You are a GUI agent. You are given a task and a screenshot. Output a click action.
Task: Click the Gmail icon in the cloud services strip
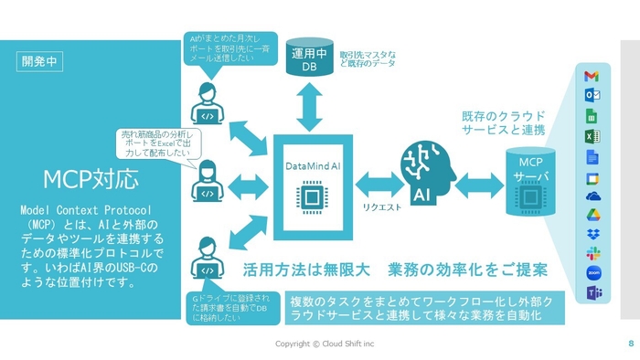click(592, 76)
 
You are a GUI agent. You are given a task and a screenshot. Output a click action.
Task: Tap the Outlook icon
click(592, 95)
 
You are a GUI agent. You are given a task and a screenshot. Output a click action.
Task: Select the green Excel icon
click(592, 136)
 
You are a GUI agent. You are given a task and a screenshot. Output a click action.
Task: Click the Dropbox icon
click(592, 235)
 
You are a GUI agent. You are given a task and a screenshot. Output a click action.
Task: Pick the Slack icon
click(592, 252)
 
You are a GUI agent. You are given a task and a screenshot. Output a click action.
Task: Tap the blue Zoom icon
click(592, 272)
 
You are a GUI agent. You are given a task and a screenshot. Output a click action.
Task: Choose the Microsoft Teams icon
click(592, 293)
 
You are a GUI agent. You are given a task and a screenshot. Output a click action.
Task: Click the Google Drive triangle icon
click(592, 215)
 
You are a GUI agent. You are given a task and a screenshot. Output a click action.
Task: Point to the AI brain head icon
click(425, 175)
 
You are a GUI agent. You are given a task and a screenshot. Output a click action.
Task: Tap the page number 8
click(630, 344)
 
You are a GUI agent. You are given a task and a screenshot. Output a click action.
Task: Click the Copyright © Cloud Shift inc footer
click(331, 344)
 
